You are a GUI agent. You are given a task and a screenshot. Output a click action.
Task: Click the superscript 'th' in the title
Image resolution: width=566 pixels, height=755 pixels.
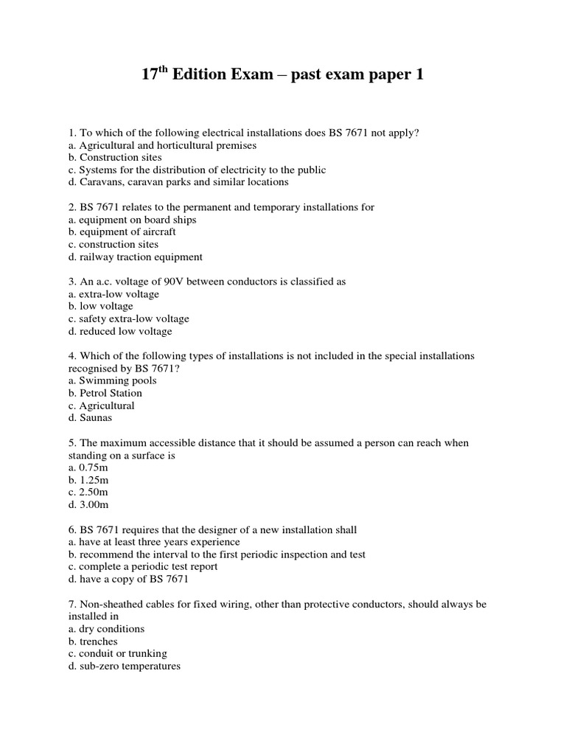162,70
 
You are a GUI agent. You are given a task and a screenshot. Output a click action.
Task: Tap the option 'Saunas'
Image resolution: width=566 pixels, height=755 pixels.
94,418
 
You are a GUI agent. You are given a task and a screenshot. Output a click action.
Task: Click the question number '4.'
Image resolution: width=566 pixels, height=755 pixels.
71,356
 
